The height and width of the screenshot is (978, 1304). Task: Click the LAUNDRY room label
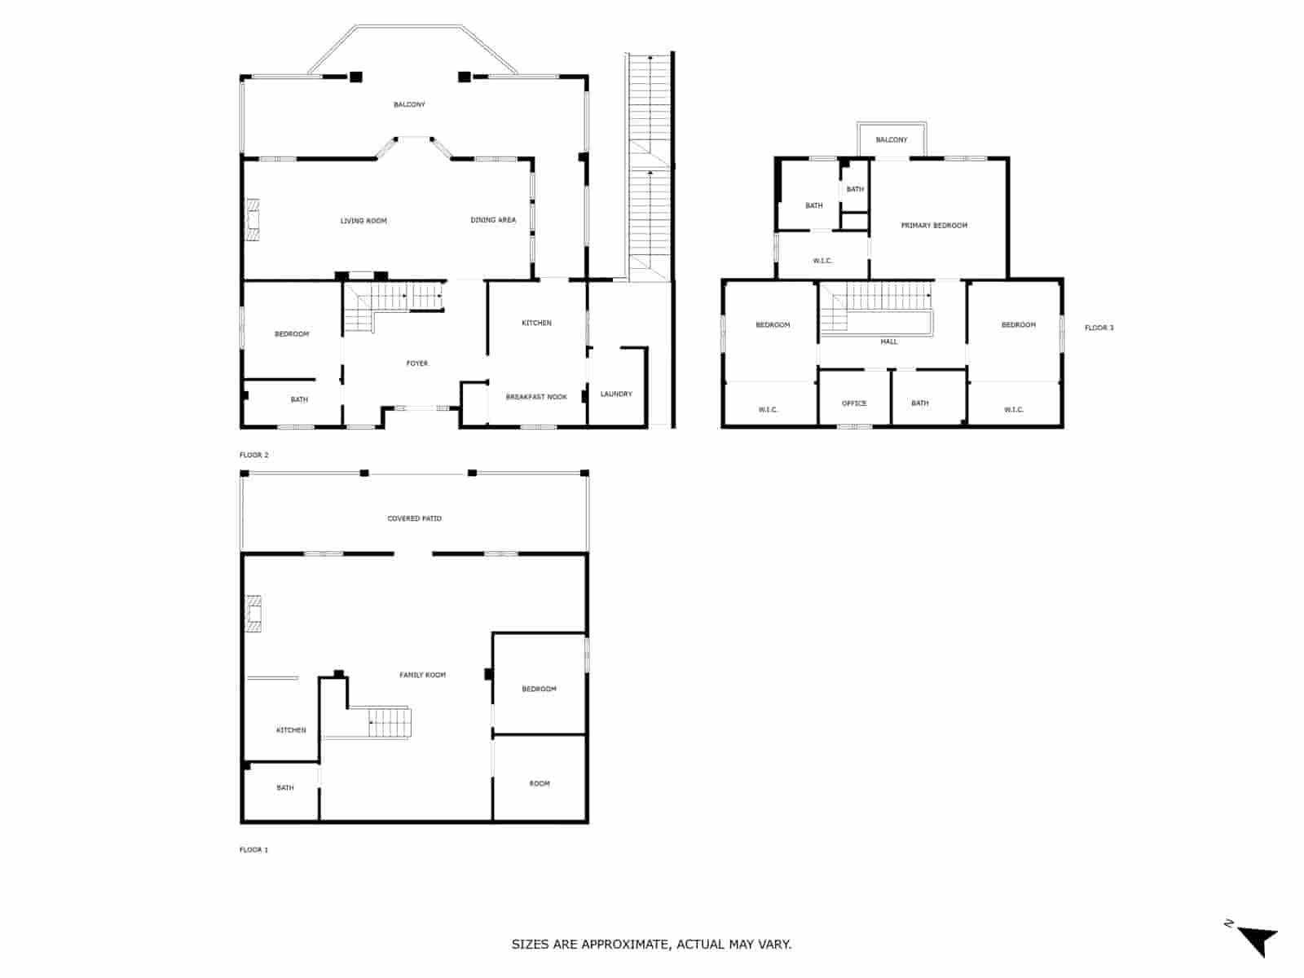point(616,394)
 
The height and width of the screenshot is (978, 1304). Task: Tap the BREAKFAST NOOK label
point(536,397)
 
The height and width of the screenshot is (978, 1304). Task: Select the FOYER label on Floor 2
point(417,363)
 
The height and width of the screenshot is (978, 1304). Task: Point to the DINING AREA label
point(493,220)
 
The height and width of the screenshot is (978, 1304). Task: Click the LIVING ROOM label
point(363,221)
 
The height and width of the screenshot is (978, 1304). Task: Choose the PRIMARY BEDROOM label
point(934,226)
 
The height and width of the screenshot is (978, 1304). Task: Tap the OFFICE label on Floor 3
point(854,403)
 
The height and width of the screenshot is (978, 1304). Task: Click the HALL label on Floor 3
point(889,341)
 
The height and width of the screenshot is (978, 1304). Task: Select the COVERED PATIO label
point(415,518)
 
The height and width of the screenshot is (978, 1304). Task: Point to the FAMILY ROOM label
point(422,675)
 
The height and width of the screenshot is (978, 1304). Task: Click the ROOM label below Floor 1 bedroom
point(540,784)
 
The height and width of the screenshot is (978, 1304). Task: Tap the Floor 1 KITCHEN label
point(291,730)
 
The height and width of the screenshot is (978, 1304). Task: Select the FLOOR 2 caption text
point(253,455)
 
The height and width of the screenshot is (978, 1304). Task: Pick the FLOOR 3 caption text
point(1099,328)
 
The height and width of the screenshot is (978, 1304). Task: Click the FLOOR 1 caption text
point(253,849)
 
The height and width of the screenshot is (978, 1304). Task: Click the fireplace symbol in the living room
point(253,220)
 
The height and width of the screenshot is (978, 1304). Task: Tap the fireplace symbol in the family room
point(253,614)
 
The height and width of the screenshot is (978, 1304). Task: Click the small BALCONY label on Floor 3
point(892,140)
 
